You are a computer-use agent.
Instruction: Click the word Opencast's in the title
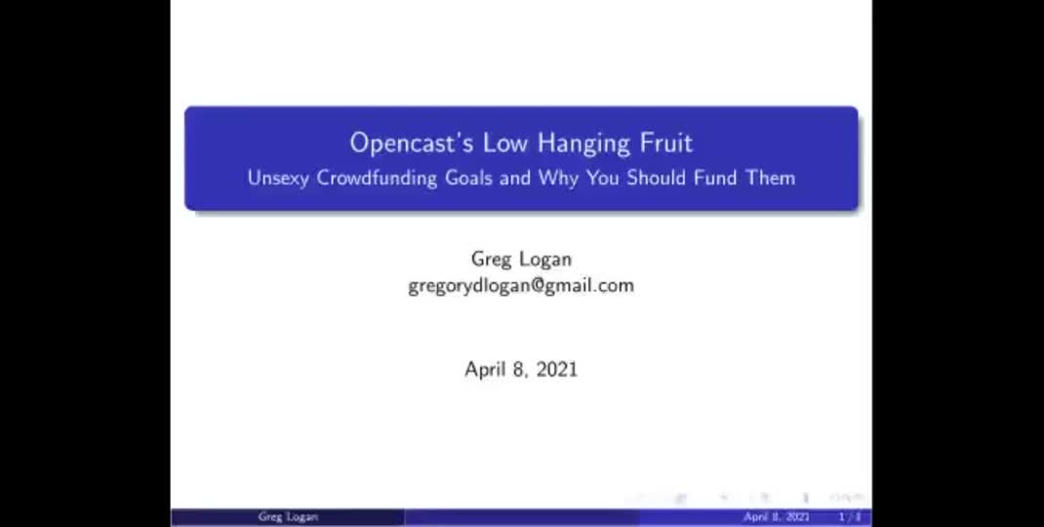398,143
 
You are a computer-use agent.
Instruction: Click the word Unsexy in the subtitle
278,179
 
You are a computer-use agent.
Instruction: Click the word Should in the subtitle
658,179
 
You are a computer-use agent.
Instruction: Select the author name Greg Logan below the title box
521,260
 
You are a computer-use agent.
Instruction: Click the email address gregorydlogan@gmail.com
521,286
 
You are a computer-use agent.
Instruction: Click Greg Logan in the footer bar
287,517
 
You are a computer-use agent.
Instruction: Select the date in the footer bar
777,517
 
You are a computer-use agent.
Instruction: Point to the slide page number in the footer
850,517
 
